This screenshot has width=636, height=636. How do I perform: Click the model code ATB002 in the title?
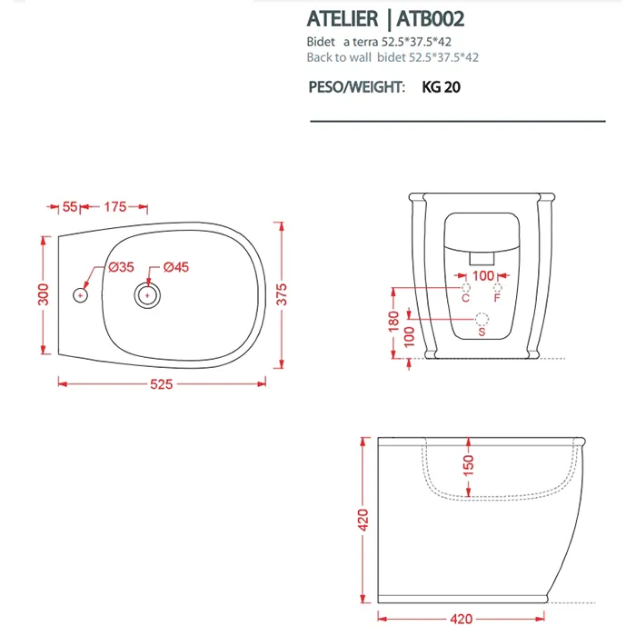[x=431, y=19]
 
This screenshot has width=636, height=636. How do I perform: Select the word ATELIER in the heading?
[x=343, y=19]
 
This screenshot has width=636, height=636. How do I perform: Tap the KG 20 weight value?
[x=442, y=87]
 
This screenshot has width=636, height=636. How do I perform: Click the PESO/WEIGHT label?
[x=356, y=87]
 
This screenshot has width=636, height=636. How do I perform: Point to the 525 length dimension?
[x=162, y=383]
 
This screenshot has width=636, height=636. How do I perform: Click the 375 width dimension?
[x=282, y=294]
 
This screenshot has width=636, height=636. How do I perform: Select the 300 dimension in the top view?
[x=43, y=294]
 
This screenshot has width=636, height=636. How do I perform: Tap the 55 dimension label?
[x=70, y=207]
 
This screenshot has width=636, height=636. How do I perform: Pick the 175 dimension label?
[x=115, y=207]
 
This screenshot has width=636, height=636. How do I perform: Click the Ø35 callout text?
[x=121, y=267]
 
